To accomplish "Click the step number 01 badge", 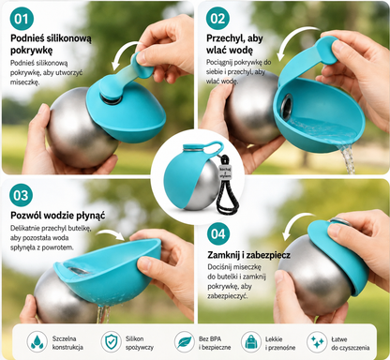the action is tap(22, 18).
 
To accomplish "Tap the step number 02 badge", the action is tap(217, 18).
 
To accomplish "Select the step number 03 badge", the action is tap(22, 195).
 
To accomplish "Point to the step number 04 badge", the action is tap(218, 233).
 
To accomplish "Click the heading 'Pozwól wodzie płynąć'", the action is tap(58, 216).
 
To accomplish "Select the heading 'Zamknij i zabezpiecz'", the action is tap(248, 255).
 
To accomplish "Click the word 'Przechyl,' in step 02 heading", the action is tap(225, 38).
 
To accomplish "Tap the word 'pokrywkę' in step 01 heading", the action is tap(31, 50).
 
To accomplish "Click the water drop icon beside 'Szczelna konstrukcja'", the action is tap(37, 342).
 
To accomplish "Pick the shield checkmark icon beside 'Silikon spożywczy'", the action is tap(111, 342).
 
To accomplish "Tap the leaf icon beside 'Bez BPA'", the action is tap(185, 342).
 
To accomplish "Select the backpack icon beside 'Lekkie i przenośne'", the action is tap(251, 342).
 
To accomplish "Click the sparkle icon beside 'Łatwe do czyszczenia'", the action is tap(317, 342).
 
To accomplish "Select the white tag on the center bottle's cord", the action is tap(225, 172).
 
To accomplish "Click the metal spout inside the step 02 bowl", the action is tap(286, 105).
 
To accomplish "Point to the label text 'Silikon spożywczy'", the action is tap(140, 343).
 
